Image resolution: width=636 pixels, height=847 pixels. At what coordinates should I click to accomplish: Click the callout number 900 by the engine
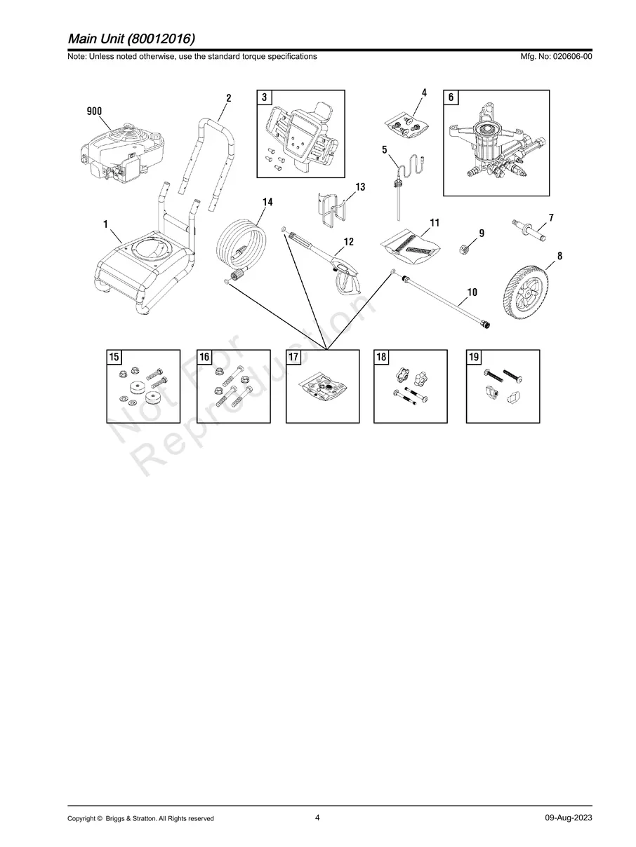94,111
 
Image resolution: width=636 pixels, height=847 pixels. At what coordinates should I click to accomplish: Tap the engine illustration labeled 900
122,153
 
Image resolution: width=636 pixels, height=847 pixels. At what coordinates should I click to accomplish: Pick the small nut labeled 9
465,249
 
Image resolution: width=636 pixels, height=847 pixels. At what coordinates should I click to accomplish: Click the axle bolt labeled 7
529,231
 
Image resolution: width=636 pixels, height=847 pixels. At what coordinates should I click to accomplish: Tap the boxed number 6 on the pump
451,97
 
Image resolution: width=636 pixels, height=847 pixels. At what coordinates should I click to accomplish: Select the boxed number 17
293,357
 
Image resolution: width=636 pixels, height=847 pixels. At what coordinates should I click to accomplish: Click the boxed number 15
114,357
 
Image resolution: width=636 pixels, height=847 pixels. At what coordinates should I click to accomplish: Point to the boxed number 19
474,357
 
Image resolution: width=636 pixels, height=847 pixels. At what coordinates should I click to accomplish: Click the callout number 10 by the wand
472,292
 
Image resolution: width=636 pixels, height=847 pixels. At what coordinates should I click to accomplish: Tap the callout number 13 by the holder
360,187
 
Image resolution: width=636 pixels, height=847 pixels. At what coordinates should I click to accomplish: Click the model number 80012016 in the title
161,39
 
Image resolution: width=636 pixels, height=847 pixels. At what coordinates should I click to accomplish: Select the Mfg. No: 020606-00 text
556,56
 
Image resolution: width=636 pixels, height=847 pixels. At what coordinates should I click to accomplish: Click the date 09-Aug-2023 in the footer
569,818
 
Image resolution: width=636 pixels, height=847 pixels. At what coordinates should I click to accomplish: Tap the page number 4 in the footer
317,818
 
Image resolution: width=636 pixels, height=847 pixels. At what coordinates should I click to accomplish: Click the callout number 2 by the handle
229,98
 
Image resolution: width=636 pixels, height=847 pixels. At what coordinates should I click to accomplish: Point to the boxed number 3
265,97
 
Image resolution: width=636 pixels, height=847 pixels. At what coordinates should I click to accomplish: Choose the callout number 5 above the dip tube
384,149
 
